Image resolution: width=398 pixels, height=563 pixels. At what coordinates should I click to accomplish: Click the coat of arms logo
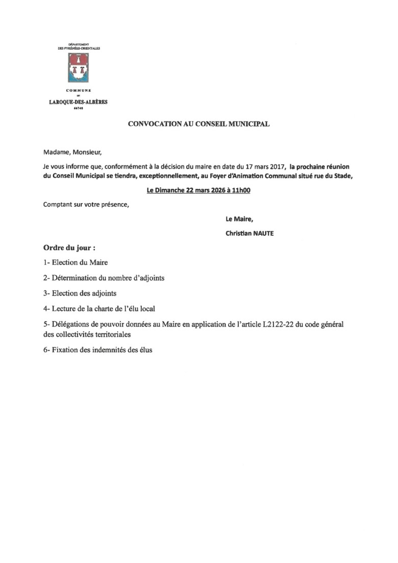[x=78, y=70]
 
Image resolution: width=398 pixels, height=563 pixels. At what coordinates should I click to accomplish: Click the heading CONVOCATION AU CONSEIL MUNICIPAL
[x=198, y=124]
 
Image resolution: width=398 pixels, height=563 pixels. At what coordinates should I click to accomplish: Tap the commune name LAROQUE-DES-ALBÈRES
[x=78, y=102]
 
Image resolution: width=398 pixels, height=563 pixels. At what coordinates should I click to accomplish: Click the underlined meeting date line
[x=198, y=190]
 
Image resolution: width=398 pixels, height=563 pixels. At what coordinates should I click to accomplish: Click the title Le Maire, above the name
[x=239, y=219]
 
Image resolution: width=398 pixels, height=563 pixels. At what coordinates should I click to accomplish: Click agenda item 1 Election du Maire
[x=76, y=263]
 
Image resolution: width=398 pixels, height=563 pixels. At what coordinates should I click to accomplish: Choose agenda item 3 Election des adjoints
[x=80, y=293]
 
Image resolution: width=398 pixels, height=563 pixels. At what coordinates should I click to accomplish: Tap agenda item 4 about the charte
[x=99, y=309]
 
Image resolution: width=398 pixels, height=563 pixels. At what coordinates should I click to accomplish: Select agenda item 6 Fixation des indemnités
[x=98, y=351]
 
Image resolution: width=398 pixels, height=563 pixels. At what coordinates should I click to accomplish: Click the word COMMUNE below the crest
[x=78, y=90]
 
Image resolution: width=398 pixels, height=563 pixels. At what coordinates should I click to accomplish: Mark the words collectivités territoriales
[x=102, y=335]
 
